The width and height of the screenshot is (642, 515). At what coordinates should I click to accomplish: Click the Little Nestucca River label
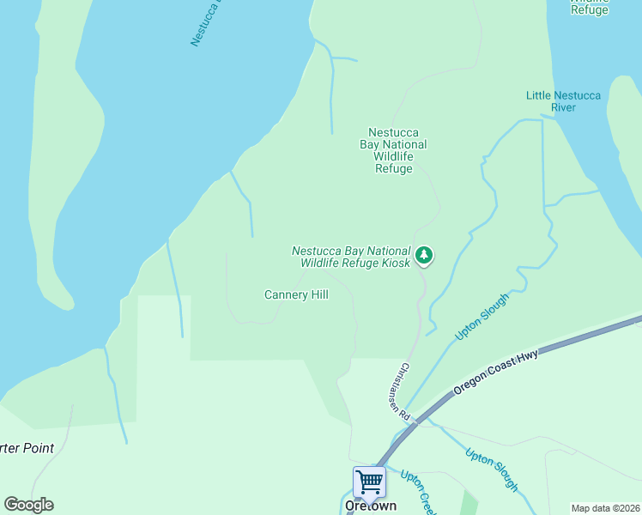[563, 101]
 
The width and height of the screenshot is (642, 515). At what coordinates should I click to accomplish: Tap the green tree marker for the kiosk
[423, 255]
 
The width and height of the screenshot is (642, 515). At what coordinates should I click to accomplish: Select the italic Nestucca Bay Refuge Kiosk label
[351, 257]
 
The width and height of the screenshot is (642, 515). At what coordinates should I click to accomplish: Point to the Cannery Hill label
[296, 294]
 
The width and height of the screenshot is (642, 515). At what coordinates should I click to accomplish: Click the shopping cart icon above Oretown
[369, 482]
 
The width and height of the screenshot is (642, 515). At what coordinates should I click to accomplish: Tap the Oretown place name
[370, 506]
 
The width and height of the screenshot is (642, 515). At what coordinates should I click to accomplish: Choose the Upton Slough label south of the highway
[492, 470]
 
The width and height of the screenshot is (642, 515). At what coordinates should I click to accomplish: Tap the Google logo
[28, 505]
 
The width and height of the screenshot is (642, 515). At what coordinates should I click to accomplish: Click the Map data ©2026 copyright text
[605, 508]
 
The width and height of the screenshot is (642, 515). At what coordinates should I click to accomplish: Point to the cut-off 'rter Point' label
[27, 448]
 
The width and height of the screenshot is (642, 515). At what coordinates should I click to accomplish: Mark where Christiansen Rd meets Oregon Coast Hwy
[416, 421]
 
